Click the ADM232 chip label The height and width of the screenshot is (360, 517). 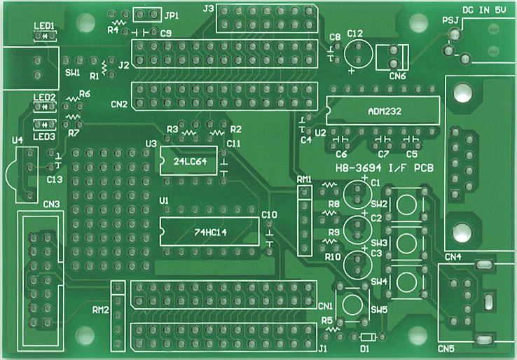[x=385, y=111]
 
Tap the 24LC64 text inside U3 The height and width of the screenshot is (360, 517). [x=190, y=161]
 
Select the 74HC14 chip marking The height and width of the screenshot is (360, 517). [x=210, y=233]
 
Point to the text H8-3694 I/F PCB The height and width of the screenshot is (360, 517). [x=385, y=168]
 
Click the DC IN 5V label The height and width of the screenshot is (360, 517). [x=483, y=11]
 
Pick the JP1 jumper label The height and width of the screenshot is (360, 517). [x=171, y=15]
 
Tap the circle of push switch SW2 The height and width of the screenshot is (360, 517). [x=406, y=205]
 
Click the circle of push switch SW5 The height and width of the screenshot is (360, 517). [x=352, y=304]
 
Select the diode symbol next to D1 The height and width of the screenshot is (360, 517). [x=368, y=337]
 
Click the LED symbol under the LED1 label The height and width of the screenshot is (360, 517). [x=45, y=36]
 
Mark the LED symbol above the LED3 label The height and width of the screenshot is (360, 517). [x=45, y=124]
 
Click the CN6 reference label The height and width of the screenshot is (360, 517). [x=397, y=76]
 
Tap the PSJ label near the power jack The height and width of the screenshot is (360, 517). [x=450, y=20]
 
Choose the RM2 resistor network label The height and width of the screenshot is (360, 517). [x=101, y=310]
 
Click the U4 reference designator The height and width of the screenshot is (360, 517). [x=17, y=141]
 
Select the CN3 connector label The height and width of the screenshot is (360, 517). [x=51, y=205]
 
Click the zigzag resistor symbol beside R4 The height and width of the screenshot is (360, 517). [x=119, y=23]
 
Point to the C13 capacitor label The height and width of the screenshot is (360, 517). [x=55, y=179]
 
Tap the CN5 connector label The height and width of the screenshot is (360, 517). [x=446, y=349]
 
